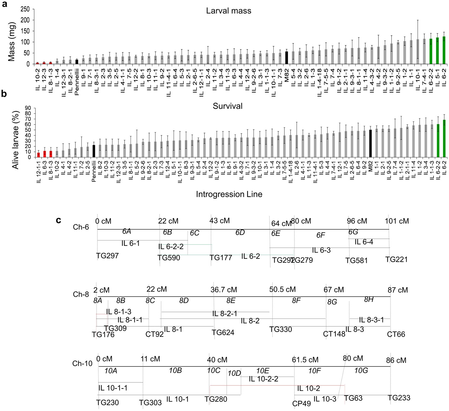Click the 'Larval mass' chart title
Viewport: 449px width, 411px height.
click(229, 11)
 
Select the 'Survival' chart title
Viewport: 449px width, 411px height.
click(227, 106)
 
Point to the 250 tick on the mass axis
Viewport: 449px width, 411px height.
click(25, 9)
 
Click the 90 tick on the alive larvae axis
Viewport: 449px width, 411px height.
click(28, 108)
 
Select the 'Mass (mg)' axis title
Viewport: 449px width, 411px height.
click(11, 42)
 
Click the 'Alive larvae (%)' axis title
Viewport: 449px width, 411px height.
click(16, 140)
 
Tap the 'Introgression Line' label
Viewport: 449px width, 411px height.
click(229, 194)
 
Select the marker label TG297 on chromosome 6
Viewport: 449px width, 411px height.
click(107, 256)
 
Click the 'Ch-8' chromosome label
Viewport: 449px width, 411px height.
click(81, 294)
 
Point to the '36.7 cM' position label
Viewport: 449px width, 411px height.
click(224, 290)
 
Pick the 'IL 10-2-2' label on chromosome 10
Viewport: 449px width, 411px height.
click(263, 379)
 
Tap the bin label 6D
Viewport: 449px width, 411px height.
click(240, 232)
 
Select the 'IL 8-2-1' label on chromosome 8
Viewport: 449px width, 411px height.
click(225, 314)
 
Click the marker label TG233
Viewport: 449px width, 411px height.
click(399, 398)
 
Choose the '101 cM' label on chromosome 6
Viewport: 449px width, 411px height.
click(397, 221)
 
